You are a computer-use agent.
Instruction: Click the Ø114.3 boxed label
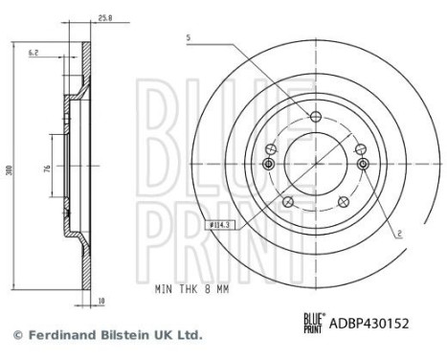point(221,226)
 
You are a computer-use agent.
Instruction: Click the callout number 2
point(399,232)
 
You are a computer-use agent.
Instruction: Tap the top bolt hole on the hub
point(316,117)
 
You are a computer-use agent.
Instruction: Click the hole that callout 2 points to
point(364,165)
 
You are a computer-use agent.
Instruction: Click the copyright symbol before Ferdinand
point(17,335)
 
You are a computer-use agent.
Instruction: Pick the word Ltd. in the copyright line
point(188,335)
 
